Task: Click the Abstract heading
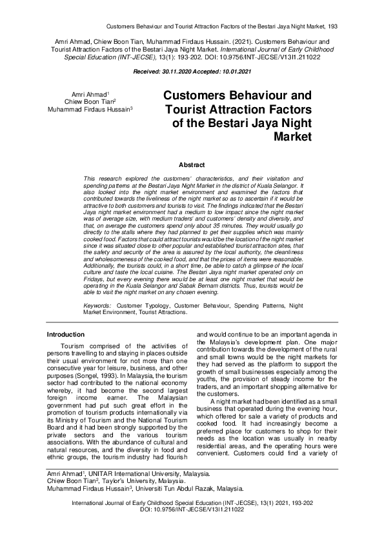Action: tap(192, 165)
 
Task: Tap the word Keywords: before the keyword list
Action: tap(97, 304)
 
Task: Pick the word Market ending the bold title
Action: tap(293, 137)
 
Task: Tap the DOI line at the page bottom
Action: tap(192, 509)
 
